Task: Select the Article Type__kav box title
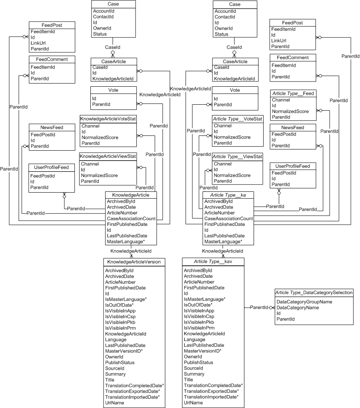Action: [213, 262]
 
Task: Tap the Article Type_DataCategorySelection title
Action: [314, 293]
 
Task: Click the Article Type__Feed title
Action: [293, 94]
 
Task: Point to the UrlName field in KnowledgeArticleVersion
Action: [114, 403]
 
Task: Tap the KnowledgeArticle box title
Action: [131, 195]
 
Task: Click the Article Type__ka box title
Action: [228, 195]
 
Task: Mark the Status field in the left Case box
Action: [100, 34]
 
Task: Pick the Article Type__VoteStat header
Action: [237, 119]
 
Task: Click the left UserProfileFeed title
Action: [52, 167]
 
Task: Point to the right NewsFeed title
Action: [293, 128]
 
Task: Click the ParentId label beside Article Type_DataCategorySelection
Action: [258, 308]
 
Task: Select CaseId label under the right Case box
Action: [234, 47]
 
